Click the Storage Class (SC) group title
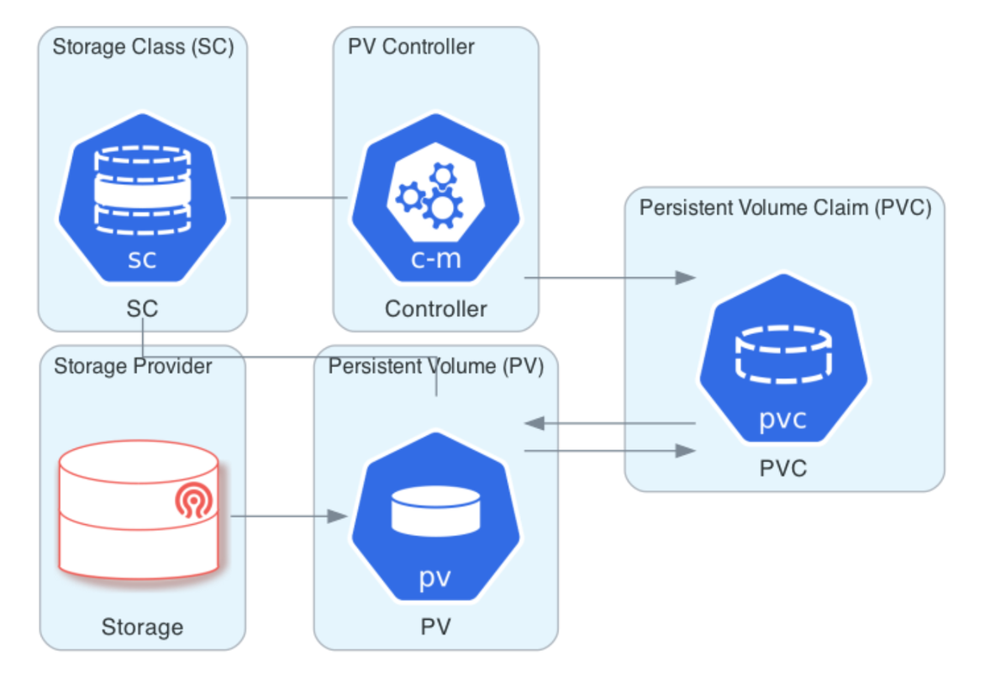click(x=143, y=46)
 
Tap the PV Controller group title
click(x=411, y=46)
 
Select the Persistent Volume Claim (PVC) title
click(x=785, y=208)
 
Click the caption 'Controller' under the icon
click(x=435, y=309)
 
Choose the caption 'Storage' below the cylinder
click(x=142, y=627)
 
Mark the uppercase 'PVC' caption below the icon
click(x=783, y=468)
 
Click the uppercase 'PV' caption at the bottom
click(x=435, y=627)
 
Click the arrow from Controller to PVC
click(x=609, y=278)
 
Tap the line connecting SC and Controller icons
click(x=288, y=199)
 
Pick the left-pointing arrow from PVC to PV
click(x=609, y=423)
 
